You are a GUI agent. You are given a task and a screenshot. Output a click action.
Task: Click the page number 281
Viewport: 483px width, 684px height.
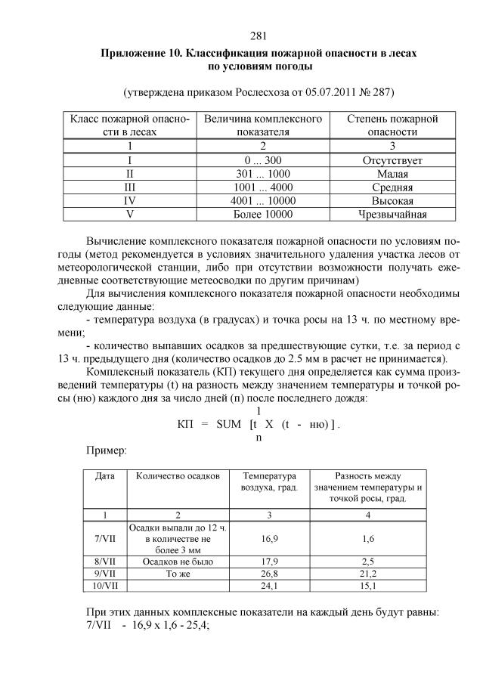pos(258,36)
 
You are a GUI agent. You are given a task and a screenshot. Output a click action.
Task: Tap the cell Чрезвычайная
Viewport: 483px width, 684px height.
pos(392,214)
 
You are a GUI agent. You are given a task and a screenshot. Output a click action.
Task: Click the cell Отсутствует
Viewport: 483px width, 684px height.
pos(392,161)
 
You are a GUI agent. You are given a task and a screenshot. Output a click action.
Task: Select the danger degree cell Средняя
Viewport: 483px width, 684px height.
pos(392,187)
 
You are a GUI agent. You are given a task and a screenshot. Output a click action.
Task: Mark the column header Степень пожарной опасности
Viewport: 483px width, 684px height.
pos(392,125)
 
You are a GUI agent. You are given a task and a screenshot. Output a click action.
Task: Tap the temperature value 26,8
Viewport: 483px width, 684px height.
pos(270,573)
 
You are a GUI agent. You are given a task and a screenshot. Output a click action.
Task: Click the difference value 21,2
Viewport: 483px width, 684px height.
pos(368,573)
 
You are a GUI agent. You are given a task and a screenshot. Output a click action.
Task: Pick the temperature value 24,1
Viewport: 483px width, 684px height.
pos(270,585)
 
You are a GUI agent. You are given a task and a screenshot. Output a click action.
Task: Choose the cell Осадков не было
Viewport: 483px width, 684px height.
pos(178,561)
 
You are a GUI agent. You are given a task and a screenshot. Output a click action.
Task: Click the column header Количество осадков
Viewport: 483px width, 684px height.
pos(178,477)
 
